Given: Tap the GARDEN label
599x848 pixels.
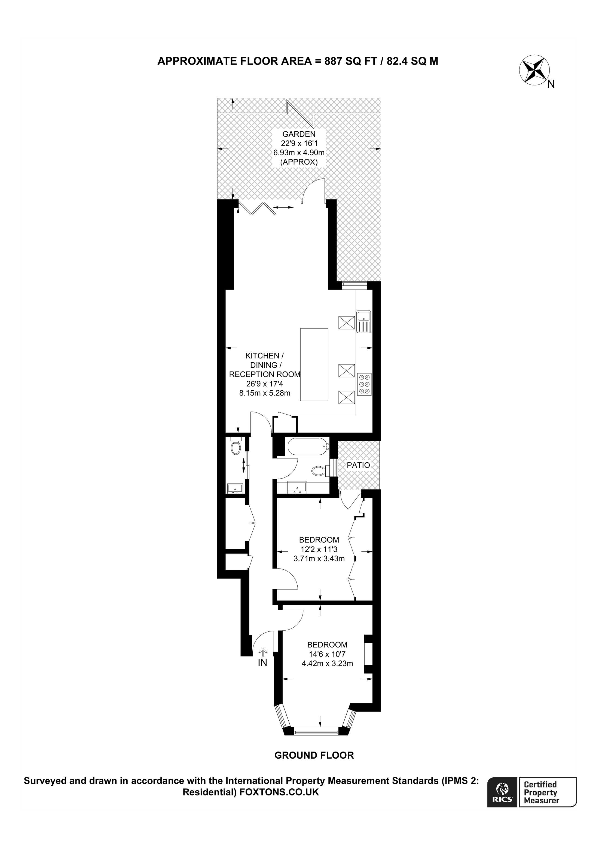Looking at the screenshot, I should coord(299,134).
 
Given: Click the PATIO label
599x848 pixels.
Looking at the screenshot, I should coord(358,465).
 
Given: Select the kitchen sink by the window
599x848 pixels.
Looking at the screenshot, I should coord(363,321).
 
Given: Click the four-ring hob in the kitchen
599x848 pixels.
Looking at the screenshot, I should coord(364,384).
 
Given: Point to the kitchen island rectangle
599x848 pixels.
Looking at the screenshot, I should coord(314,364).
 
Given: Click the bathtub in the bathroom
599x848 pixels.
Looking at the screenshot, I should coord(307,446).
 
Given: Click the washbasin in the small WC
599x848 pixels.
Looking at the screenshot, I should coord(235,488).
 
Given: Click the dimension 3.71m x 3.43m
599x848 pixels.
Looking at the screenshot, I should coord(319,558).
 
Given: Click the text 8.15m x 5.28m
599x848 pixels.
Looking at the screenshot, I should coord(265,393).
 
